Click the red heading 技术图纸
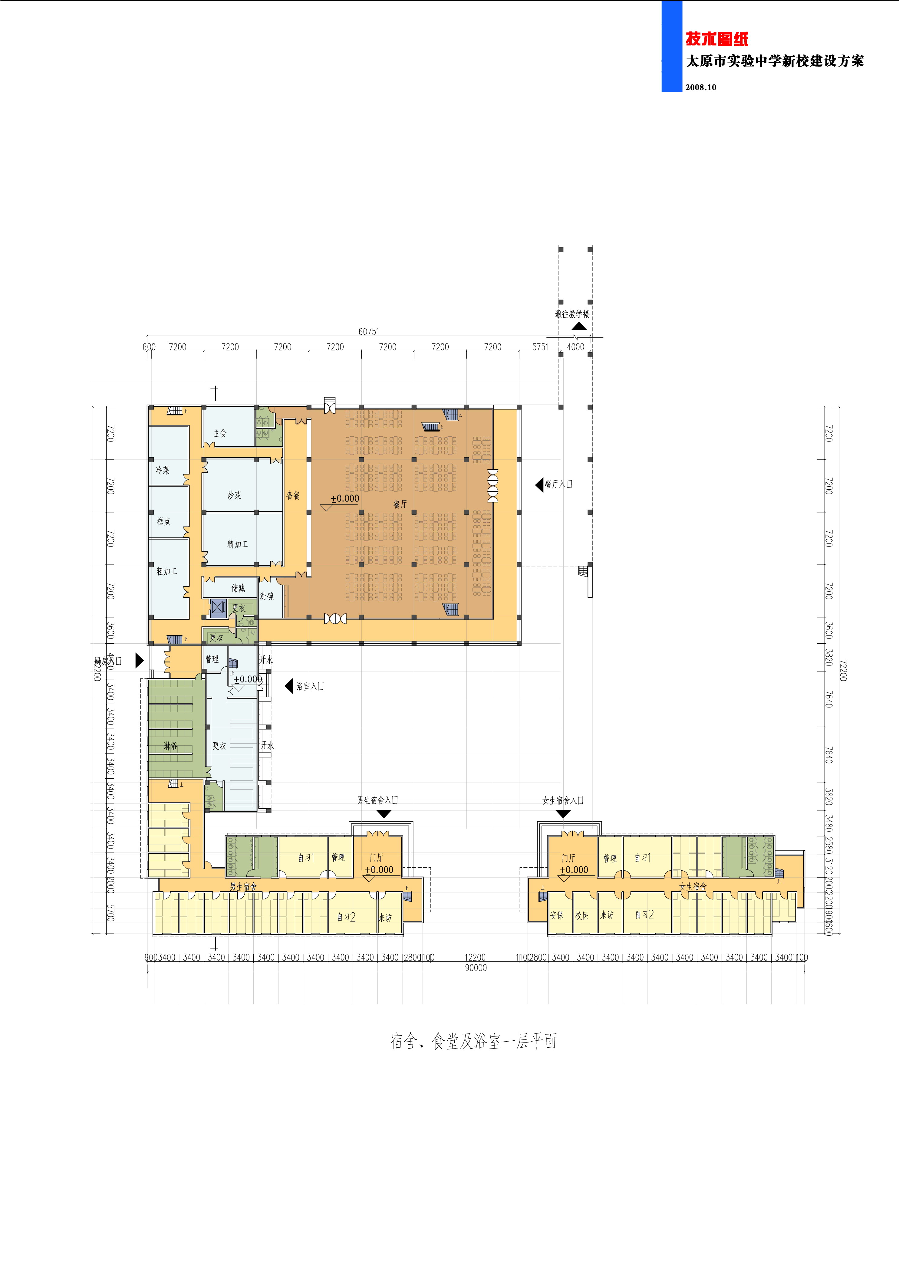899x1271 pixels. [x=717, y=39]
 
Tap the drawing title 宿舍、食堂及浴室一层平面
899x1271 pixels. [x=473, y=1041]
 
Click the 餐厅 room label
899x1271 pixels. [x=400, y=504]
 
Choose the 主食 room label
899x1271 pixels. [x=220, y=433]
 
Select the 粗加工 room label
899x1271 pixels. [x=166, y=571]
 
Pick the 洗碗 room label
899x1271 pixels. [x=266, y=596]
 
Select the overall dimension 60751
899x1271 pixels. [x=369, y=332]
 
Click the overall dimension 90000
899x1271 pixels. [x=476, y=968]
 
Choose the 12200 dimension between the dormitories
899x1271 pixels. [x=475, y=957]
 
